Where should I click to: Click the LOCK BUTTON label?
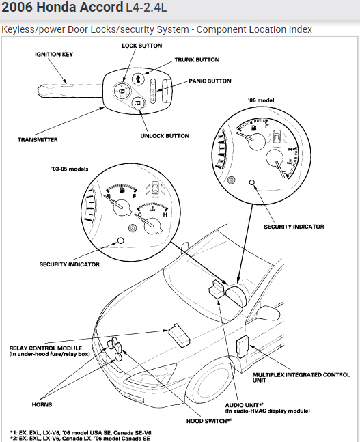[142, 46]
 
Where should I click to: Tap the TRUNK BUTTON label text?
[197, 59]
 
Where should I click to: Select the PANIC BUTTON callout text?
[210, 81]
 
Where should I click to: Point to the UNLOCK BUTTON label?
[165, 136]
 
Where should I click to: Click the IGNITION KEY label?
[54, 55]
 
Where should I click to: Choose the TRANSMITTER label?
[38, 140]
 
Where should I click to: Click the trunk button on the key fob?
[138, 79]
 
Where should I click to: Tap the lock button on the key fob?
[121, 91]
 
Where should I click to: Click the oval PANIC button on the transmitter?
[153, 91]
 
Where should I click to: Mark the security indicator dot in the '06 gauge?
[252, 182]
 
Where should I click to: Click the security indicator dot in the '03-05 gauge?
[120, 240]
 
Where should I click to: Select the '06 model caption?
[261, 100]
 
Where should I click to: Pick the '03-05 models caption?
[70, 169]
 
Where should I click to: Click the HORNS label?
[42, 405]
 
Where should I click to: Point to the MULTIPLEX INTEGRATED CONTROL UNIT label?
[301, 378]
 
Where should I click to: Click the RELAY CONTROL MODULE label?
[50, 351]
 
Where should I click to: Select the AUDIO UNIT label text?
[244, 405]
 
